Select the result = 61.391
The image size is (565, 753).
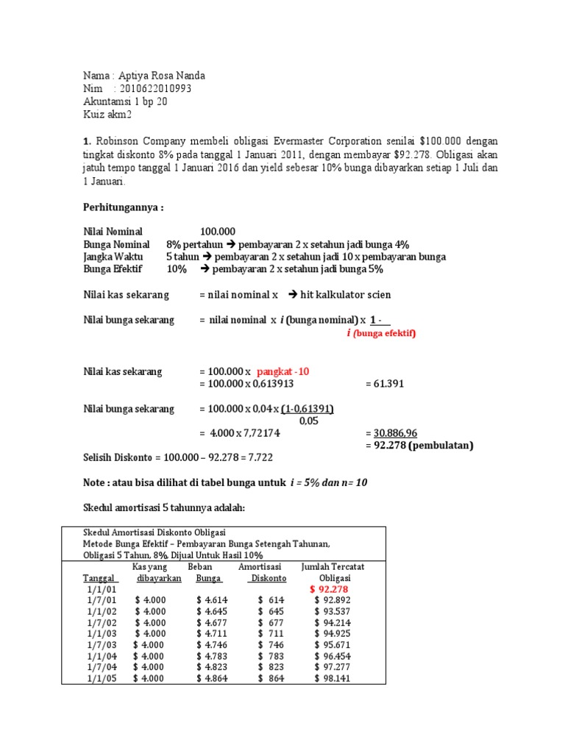click(x=384, y=384)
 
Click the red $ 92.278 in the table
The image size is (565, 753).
click(x=328, y=589)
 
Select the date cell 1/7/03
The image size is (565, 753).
click(x=98, y=644)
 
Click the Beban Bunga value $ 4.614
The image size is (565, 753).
click(x=212, y=600)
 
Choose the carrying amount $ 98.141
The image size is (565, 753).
click(x=332, y=678)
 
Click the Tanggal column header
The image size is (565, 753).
click(x=99, y=578)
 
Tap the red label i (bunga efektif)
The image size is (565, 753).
click(x=381, y=333)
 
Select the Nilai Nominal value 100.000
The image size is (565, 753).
click(x=218, y=232)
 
